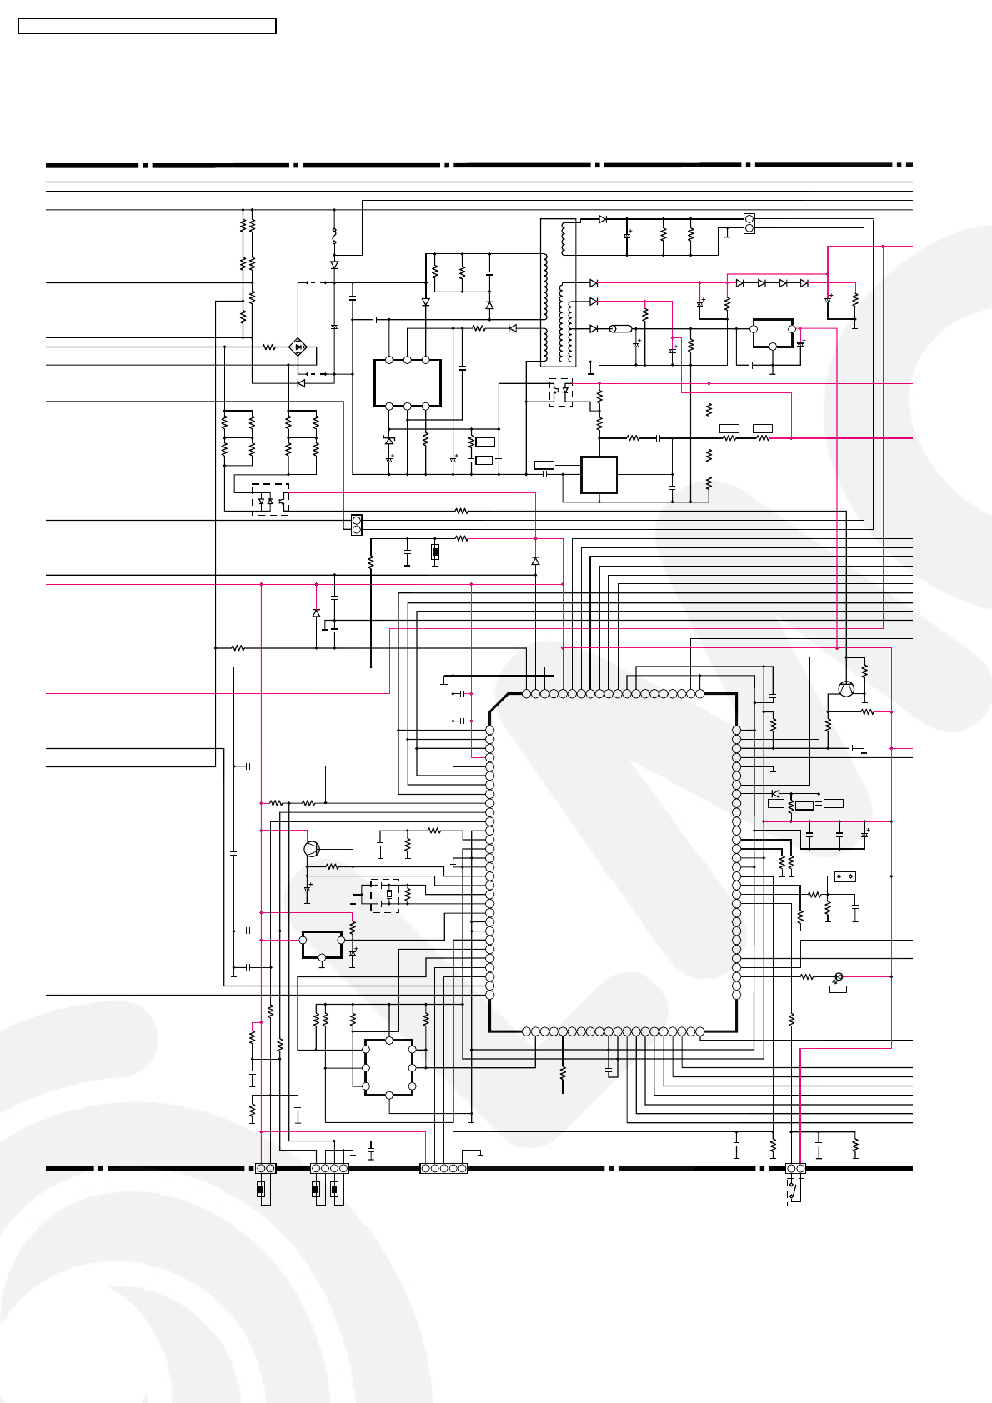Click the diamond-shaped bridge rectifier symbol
coord(298,347)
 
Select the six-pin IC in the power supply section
coord(407,382)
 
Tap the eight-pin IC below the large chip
coord(388,1067)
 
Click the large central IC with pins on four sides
coord(613,862)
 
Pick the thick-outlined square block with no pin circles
coord(599,475)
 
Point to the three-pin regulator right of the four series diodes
coord(773,332)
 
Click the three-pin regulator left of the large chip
coord(322,944)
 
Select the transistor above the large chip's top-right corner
coord(846,688)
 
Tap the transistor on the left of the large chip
coord(311,849)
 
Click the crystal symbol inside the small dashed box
coord(388,895)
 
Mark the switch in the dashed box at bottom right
coord(795,1192)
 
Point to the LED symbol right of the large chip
coord(839,976)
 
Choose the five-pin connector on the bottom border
coord(443,1168)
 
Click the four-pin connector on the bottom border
coord(329,1168)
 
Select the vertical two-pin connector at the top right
coord(749,223)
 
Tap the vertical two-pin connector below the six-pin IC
coord(356,525)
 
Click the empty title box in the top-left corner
coord(148,27)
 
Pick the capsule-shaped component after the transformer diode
coord(622,329)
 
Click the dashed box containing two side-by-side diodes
coord(270,499)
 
